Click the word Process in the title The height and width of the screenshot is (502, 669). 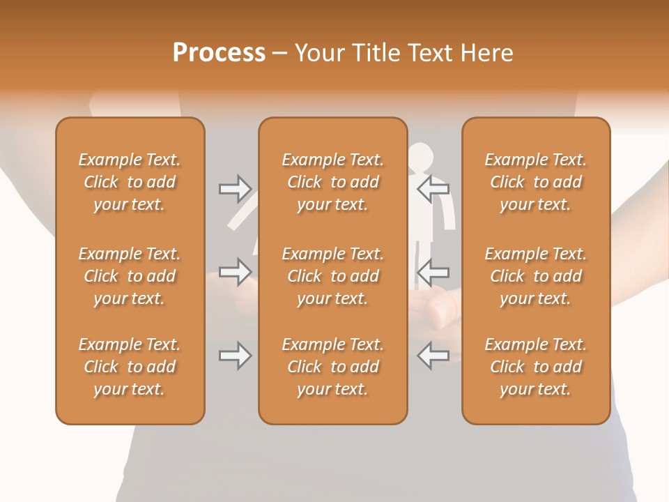click(x=219, y=53)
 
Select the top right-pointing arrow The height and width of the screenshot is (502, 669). click(x=236, y=188)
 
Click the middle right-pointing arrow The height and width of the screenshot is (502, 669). click(x=236, y=272)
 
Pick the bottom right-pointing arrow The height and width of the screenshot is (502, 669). click(x=236, y=356)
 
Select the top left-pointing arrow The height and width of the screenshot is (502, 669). click(x=433, y=188)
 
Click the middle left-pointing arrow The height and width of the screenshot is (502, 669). click(x=433, y=272)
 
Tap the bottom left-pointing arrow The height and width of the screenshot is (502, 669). click(x=433, y=356)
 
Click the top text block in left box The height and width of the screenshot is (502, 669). click(x=130, y=182)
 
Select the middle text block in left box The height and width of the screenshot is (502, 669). click(x=130, y=276)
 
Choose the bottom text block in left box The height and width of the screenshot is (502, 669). click(x=130, y=367)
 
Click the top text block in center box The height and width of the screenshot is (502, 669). click(x=332, y=182)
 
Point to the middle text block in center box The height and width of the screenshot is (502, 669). click(x=332, y=276)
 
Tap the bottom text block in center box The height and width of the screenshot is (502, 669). click(x=332, y=367)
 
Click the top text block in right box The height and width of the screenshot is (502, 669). click(x=536, y=182)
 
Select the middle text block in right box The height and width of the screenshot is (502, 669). click(x=536, y=276)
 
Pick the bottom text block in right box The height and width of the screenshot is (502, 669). click(x=536, y=367)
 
